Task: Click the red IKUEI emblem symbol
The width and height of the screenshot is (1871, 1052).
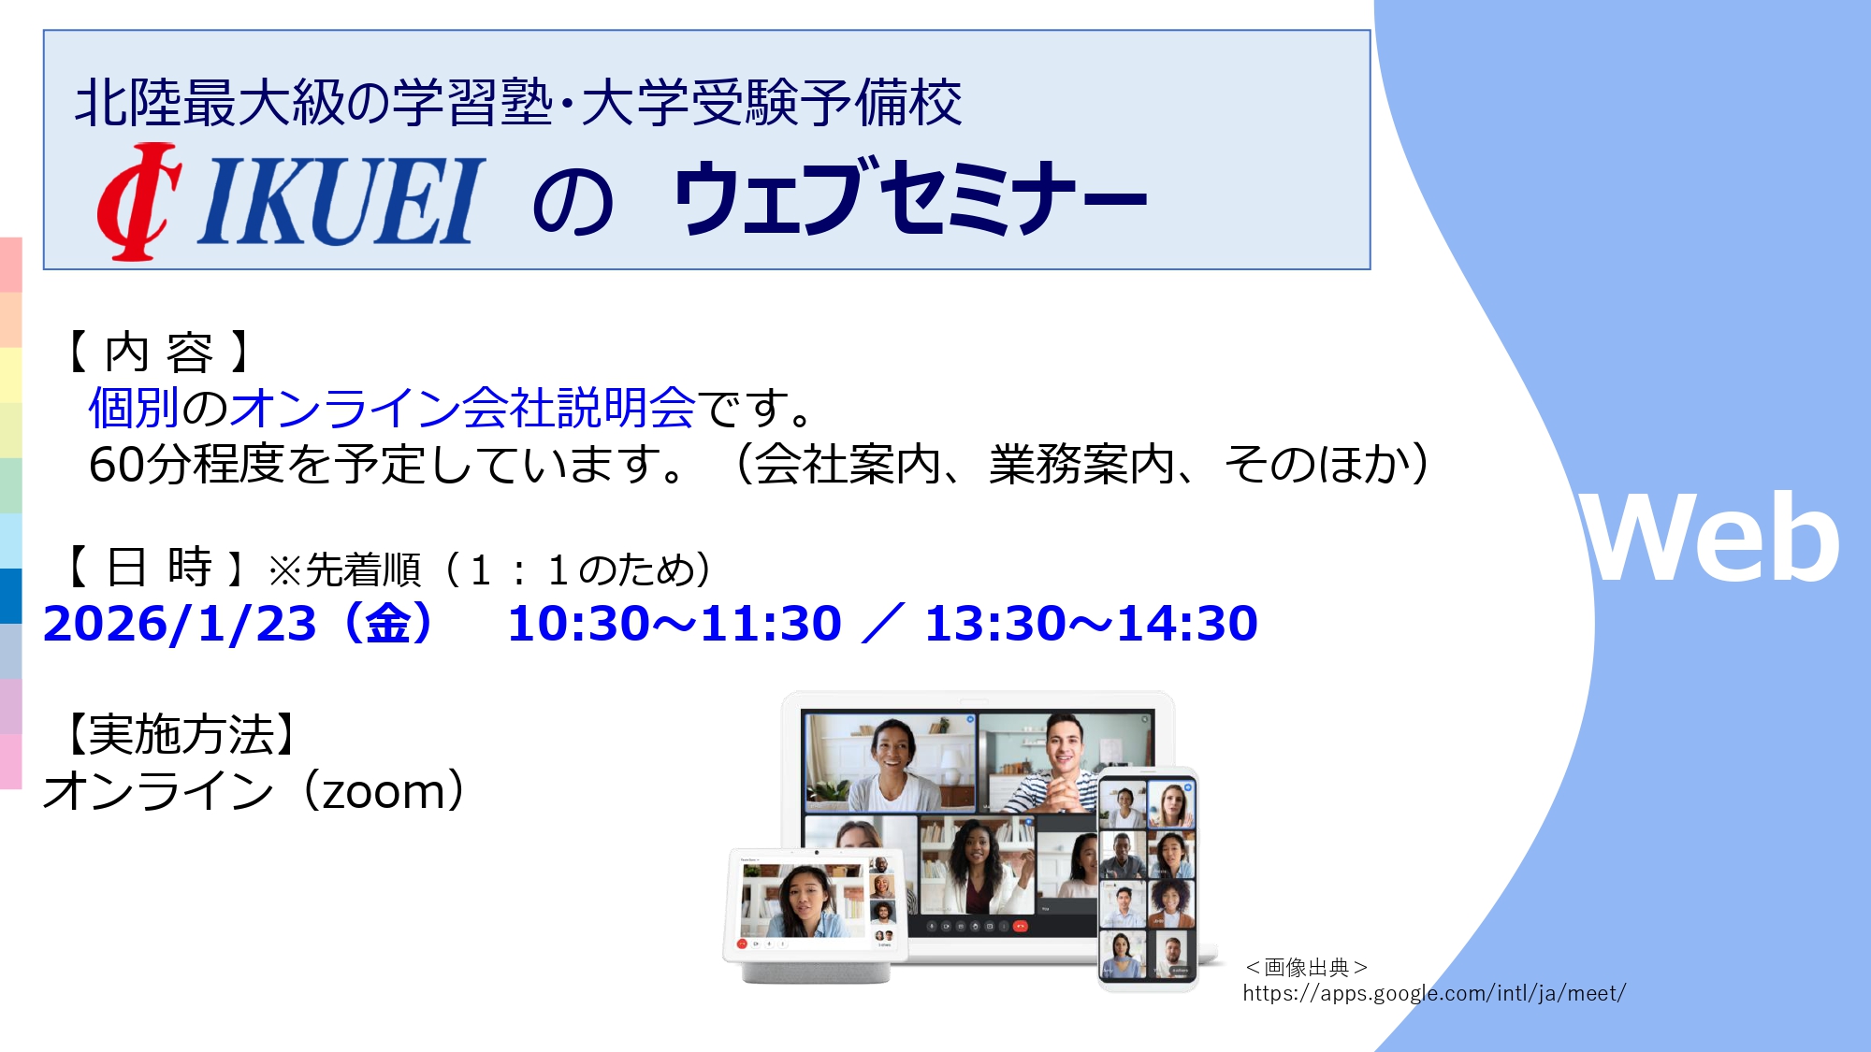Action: tap(139, 201)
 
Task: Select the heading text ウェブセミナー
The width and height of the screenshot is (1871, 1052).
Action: tap(909, 196)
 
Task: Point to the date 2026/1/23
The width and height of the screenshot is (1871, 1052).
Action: tap(180, 624)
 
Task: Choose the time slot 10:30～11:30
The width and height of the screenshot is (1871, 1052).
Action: tap(674, 624)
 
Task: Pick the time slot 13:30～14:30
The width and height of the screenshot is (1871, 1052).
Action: tap(1091, 624)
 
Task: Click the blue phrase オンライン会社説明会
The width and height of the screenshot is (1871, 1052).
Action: tap(462, 408)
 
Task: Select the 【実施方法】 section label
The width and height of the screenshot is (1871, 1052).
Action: tap(181, 734)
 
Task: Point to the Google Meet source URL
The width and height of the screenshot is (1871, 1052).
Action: tap(1434, 993)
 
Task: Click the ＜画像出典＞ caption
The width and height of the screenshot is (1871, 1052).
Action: tap(1306, 967)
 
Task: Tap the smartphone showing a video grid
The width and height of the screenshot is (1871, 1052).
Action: tap(1148, 879)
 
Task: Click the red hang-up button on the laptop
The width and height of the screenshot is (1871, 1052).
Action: tap(1020, 927)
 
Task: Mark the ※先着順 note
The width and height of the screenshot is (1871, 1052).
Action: tap(344, 570)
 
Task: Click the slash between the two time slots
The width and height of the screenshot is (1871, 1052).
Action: tap(883, 624)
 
